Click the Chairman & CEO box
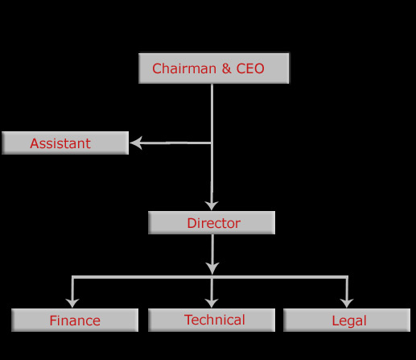tap(214, 68)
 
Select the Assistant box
tap(65, 143)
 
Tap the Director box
tap(212, 222)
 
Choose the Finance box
tap(75, 320)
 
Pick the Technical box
tap(212, 320)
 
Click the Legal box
tap(347, 320)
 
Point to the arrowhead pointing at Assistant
tap(136, 143)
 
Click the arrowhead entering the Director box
tap(212, 205)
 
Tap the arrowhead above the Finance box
tap(72, 303)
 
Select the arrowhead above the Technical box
tap(212, 303)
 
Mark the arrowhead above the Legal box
tap(347, 303)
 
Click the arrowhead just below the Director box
tap(212, 268)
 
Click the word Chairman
tap(184, 68)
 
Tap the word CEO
tap(250, 68)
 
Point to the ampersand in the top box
tap(226, 68)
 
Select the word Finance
tap(75, 321)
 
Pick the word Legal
tap(349, 321)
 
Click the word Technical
tap(215, 320)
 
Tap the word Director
tap(214, 223)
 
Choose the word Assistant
tap(60, 143)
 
